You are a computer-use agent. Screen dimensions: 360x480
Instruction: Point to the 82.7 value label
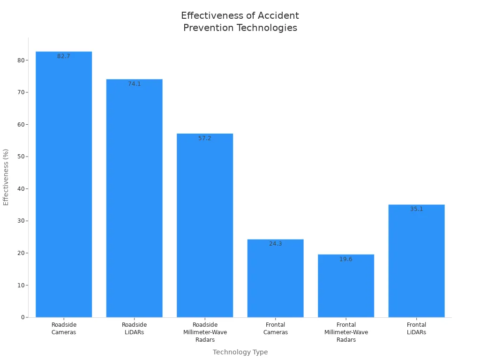64,56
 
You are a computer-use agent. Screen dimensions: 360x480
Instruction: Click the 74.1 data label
135,84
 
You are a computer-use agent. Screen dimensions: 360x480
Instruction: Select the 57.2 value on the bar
205,138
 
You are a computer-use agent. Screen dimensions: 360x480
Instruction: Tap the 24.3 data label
276,244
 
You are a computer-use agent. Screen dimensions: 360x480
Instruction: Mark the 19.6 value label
346,259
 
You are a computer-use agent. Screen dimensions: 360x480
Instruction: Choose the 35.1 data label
416,209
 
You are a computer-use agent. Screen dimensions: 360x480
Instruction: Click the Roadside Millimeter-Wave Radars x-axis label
205,332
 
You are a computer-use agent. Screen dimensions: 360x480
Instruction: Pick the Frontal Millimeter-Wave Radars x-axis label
346,332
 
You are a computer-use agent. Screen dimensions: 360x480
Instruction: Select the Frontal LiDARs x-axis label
416,328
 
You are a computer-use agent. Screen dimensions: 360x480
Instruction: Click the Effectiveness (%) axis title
6,177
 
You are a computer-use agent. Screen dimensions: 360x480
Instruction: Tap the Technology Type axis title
240,352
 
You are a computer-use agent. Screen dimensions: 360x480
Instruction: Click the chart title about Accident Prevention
240,22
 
